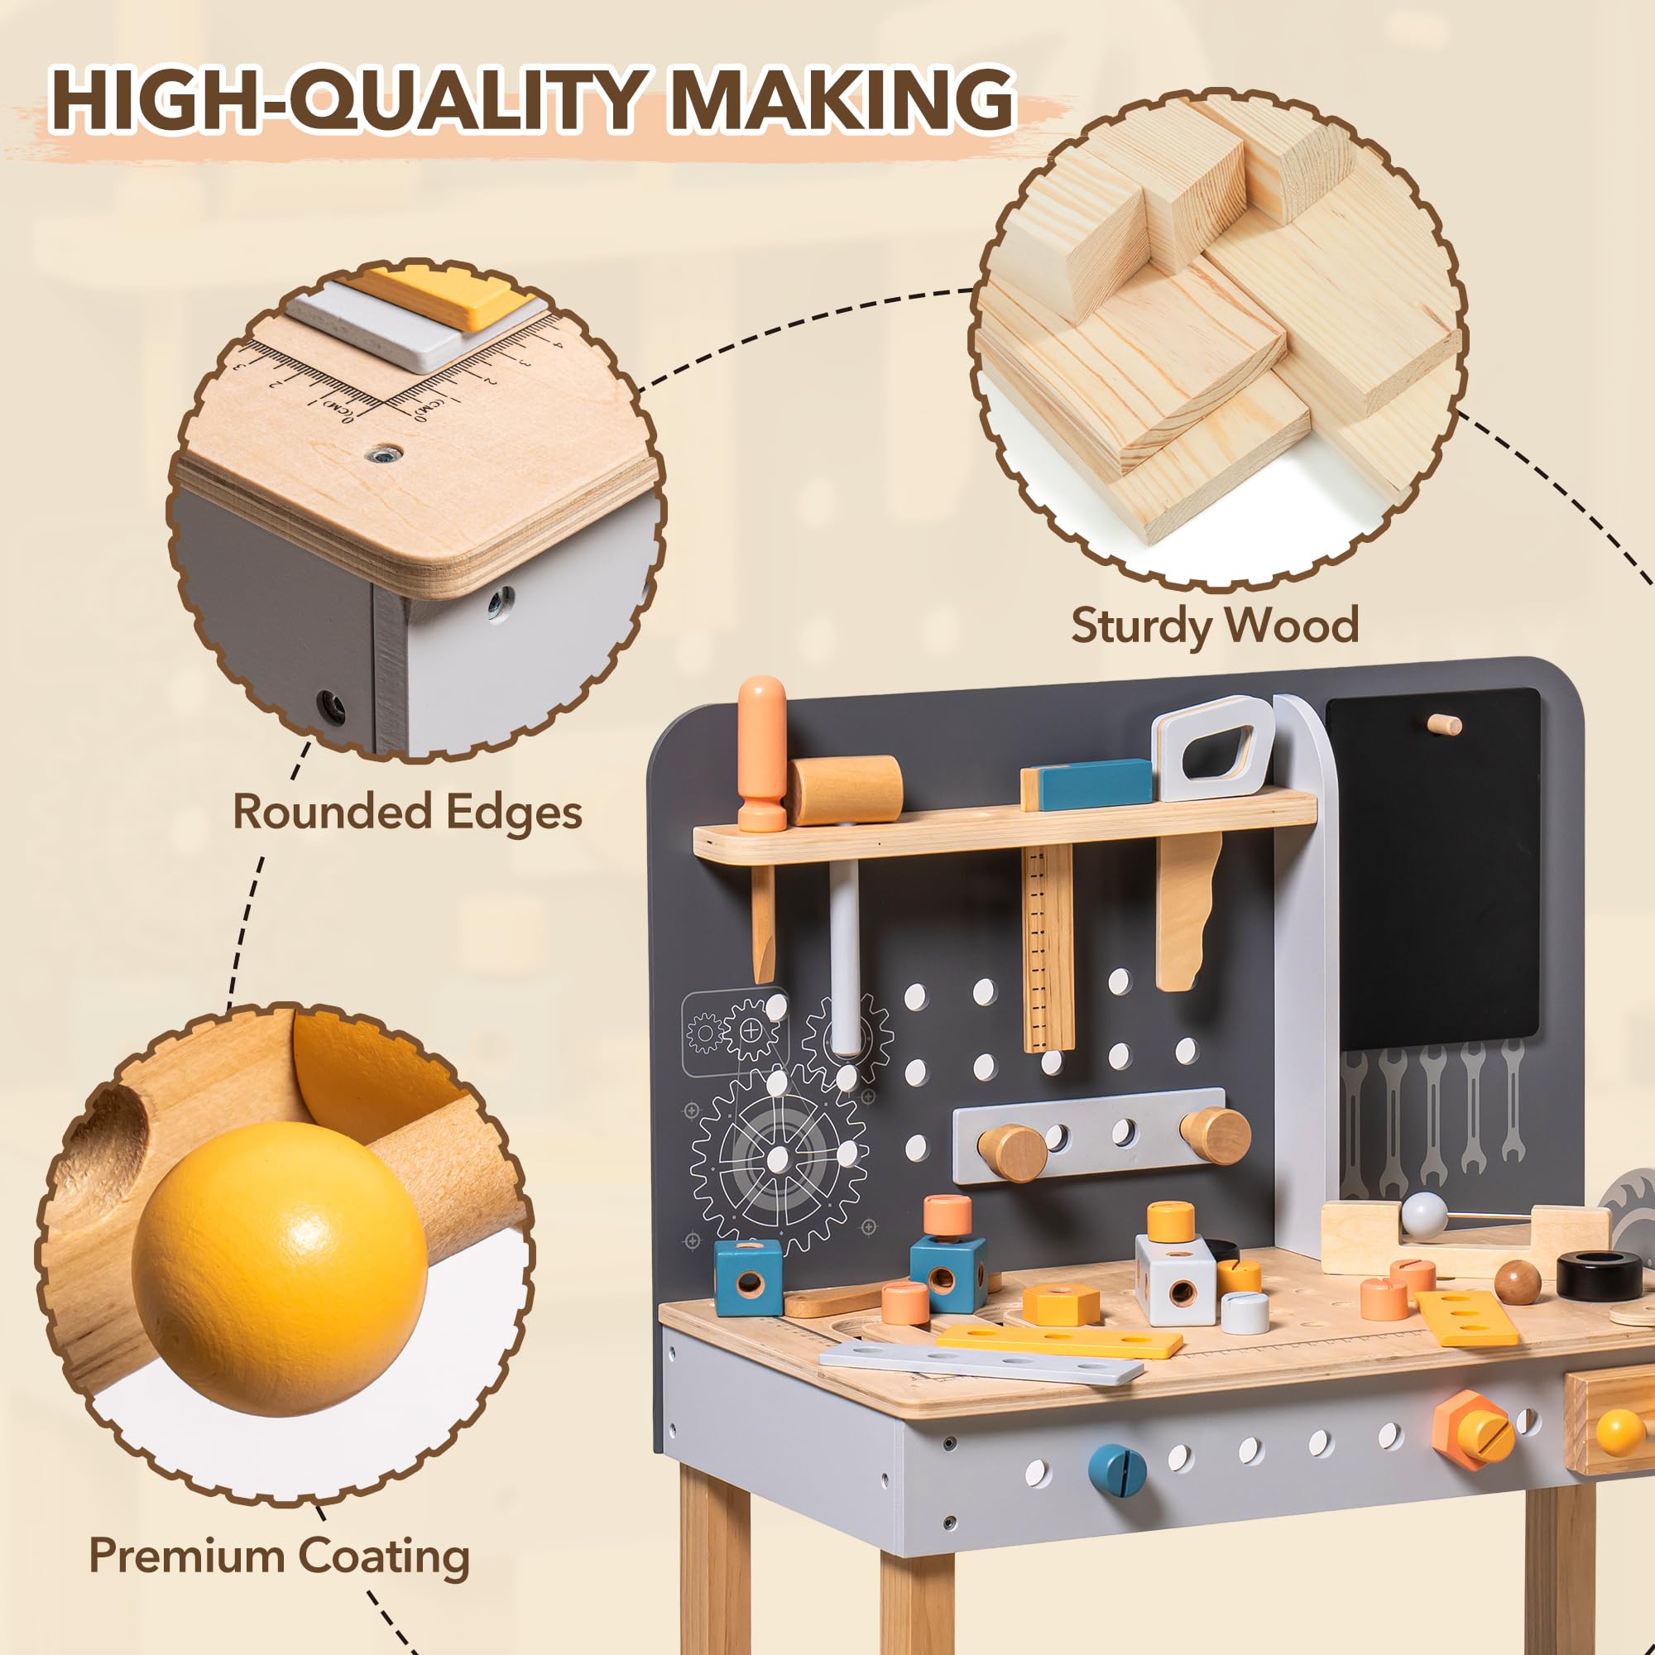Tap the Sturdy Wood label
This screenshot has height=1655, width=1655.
pyautogui.click(x=1215, y=625)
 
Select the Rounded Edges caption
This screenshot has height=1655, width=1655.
pyautogui.click(x=407, y=811)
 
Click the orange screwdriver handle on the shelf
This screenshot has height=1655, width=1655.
pyautogui.click(x=761, y=746)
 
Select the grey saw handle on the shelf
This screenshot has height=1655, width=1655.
pyautogui.click(x=1212, y=748)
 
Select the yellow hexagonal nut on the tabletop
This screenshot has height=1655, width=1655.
pyautogui.click(x=1061, y=1304)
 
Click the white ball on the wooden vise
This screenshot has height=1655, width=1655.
pyautogui.click(x=1423, y=1214)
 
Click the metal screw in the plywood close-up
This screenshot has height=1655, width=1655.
pyautogui.click(x=385, y=453)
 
